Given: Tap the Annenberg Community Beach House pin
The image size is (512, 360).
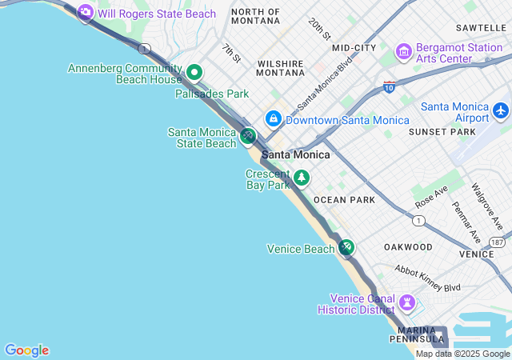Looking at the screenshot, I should pyautogui.click(x=194, y=74).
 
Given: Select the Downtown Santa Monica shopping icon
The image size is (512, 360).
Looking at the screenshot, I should pyautogui.click(x=274, y=119).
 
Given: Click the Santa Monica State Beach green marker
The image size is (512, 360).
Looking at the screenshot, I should pyautogui.click(x=248, y=137).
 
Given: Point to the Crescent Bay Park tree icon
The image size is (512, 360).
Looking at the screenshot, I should pyautogui.click(x=302, y=178).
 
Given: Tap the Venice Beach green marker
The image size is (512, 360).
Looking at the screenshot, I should pyautogui.click(x=346, y=248).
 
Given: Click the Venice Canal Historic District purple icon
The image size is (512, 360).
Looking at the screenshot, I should pyautogui.click(x=408, y=302).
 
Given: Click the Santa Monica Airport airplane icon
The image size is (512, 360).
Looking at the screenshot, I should pyautogui.click(x=501, y=109).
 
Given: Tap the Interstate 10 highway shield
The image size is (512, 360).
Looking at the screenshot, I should pyautogui.click(x=390, y=86).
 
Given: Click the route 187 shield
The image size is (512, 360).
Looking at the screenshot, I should pyautogui.click(x=498, y=242).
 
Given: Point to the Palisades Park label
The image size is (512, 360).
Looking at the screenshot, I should pyautogui.click(x=212, y=94).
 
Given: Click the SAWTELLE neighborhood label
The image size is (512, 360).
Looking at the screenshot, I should pyautogui.click(x=481, y=27).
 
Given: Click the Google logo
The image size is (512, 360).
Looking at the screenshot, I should pyautogui.click(x=26, y=350).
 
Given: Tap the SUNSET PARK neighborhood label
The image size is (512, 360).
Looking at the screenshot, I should pyautogui.click(x=442, y=131).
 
